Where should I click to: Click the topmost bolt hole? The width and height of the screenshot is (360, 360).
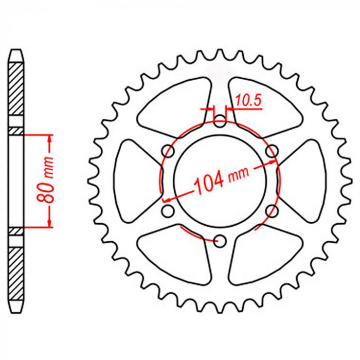(220, 121)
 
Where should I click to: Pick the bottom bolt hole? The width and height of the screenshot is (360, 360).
(220, 241)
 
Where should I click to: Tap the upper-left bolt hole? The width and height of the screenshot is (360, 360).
(168, 151)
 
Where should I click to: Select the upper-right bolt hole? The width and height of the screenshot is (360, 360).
(272, 151)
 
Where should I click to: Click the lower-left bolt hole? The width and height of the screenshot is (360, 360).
(168, 211)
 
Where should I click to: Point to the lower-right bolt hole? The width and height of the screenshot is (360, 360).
(272, 211)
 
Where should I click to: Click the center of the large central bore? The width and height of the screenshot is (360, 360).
(220, 181)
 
